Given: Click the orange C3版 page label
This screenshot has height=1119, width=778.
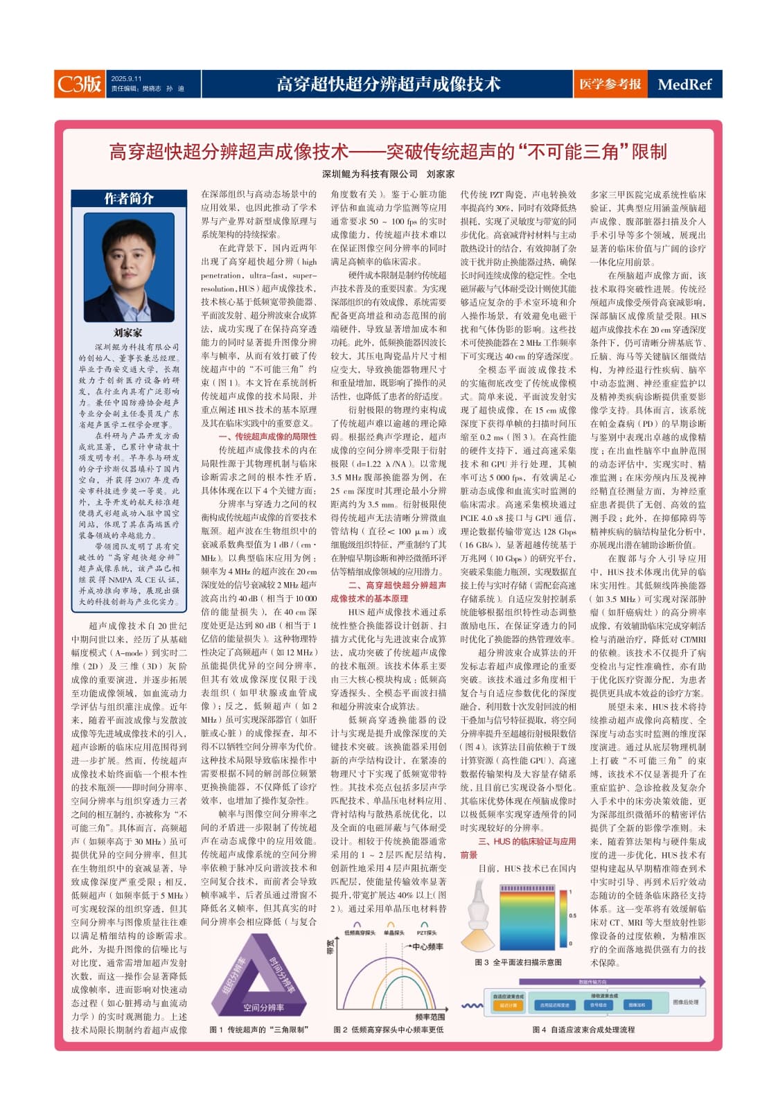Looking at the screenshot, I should point(79,84).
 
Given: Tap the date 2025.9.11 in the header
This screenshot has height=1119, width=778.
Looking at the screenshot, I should point(126,78).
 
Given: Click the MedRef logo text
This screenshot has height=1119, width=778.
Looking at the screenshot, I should point(684,85).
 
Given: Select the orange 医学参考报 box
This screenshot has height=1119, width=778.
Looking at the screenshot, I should point(610,84).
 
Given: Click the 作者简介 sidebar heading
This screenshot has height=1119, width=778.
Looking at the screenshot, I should point(129,199).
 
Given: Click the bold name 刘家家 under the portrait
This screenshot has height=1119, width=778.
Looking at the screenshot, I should point(128,333).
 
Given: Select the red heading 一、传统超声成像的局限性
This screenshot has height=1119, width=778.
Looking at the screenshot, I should point(267,437).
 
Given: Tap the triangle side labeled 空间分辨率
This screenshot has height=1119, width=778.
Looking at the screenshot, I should point(263,1007).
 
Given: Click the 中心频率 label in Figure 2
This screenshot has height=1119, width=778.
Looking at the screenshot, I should point(427,946).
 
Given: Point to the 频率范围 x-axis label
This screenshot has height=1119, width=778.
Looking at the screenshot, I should point(430,1016).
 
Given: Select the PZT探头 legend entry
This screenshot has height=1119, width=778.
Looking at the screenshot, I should point(426,933).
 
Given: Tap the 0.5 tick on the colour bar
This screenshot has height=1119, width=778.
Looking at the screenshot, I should point(572,915).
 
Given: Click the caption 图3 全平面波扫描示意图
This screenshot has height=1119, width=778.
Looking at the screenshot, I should point(518,962).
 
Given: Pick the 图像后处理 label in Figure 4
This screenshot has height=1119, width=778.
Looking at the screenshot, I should point(685,1002).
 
